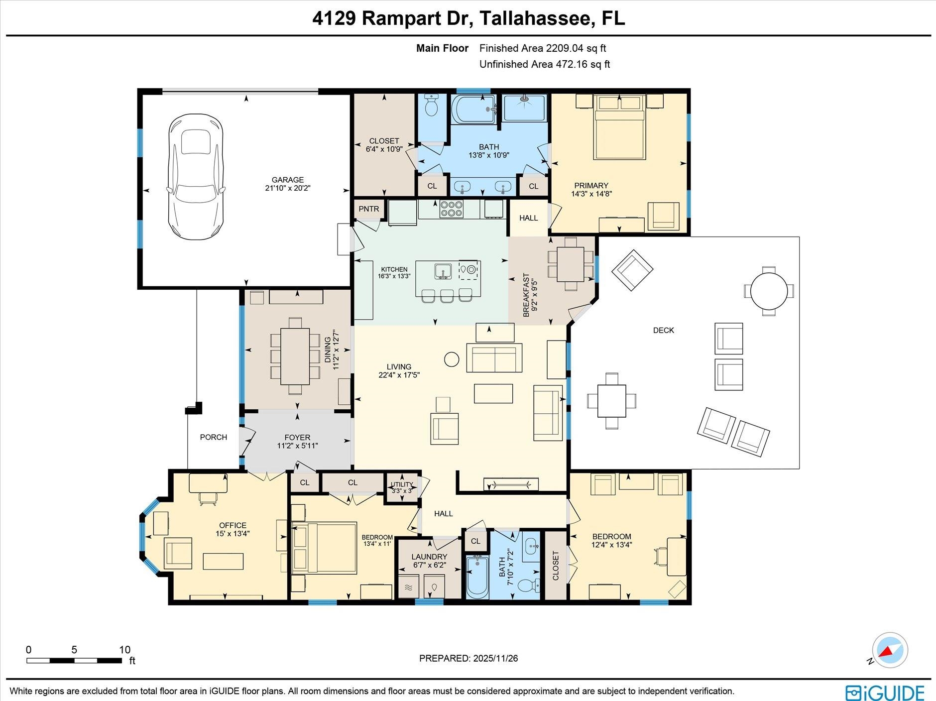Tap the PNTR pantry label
click(368, 209)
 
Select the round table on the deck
click(769, 291)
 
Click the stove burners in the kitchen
click(451, 209)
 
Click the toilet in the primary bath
click(431, 105)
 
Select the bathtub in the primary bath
click(472, 110)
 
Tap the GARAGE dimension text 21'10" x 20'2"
click(288, 188)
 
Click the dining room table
click(295, 356)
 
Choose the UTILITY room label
click(401, 484)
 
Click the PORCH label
click(214, 437)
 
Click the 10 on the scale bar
click(124, 650)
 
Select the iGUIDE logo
click(885, 693)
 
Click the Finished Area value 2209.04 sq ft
click(576, 48)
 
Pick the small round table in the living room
click(451, 359)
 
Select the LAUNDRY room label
click(429, 557)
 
